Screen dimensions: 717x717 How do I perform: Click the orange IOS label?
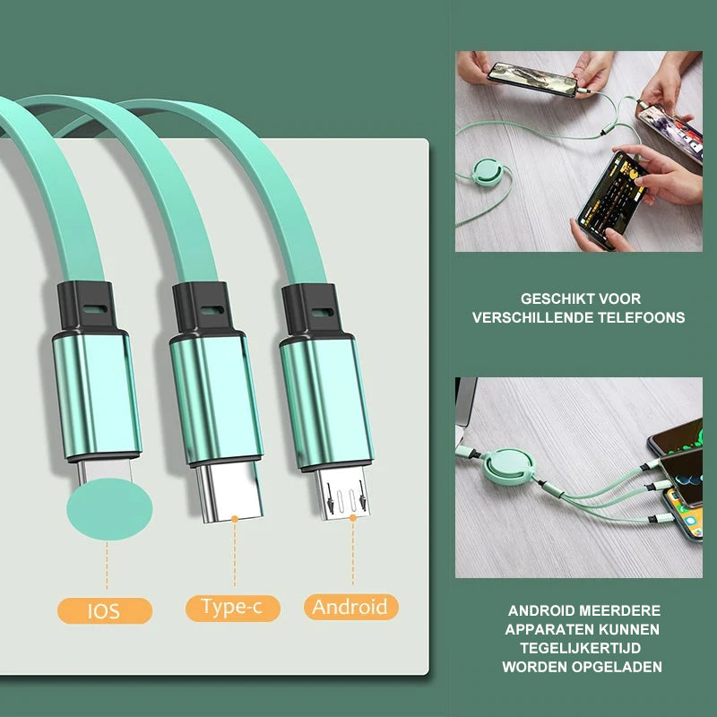click(x=105, y=611)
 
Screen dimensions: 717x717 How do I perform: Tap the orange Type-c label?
click(x=232, y=608)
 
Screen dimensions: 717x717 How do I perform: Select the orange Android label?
click(x=350, y=608)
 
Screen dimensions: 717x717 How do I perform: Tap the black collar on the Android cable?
click(x=310, y=310)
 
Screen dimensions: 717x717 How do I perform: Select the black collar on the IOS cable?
click(x=86, y=308)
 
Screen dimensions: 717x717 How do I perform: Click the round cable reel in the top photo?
click(x=488, y=171)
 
